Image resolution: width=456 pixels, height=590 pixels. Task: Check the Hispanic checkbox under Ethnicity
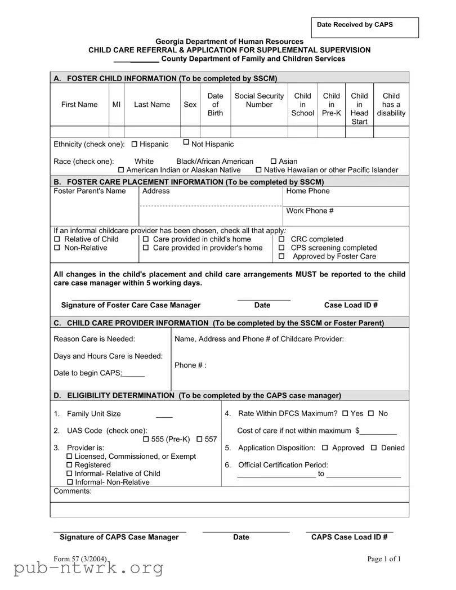tap(135, 145)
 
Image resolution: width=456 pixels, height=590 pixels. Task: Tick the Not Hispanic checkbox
tap(186, 143)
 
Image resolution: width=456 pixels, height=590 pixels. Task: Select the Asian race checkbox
tap(274, 162)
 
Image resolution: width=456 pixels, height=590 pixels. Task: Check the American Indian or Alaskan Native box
tap(121, 170)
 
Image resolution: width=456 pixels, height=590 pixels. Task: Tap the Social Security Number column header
tap(259, 100)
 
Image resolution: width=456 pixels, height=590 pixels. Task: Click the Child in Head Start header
tap(359, 109)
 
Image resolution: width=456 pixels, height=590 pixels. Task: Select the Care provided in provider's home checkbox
tap(146, 248)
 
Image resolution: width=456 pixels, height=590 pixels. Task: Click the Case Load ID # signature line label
tap(351, 305)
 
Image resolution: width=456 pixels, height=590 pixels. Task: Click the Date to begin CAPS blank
tap(134, 373)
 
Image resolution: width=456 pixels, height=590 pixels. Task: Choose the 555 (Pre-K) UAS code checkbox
tap(146, 439)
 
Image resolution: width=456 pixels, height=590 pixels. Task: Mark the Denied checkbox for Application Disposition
tap(374, 448)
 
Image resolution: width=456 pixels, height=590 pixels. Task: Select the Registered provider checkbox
tap(70, 465)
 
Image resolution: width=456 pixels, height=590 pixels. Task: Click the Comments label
tap(72, 491)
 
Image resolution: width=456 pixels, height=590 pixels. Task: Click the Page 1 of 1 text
tap(384, 558)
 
